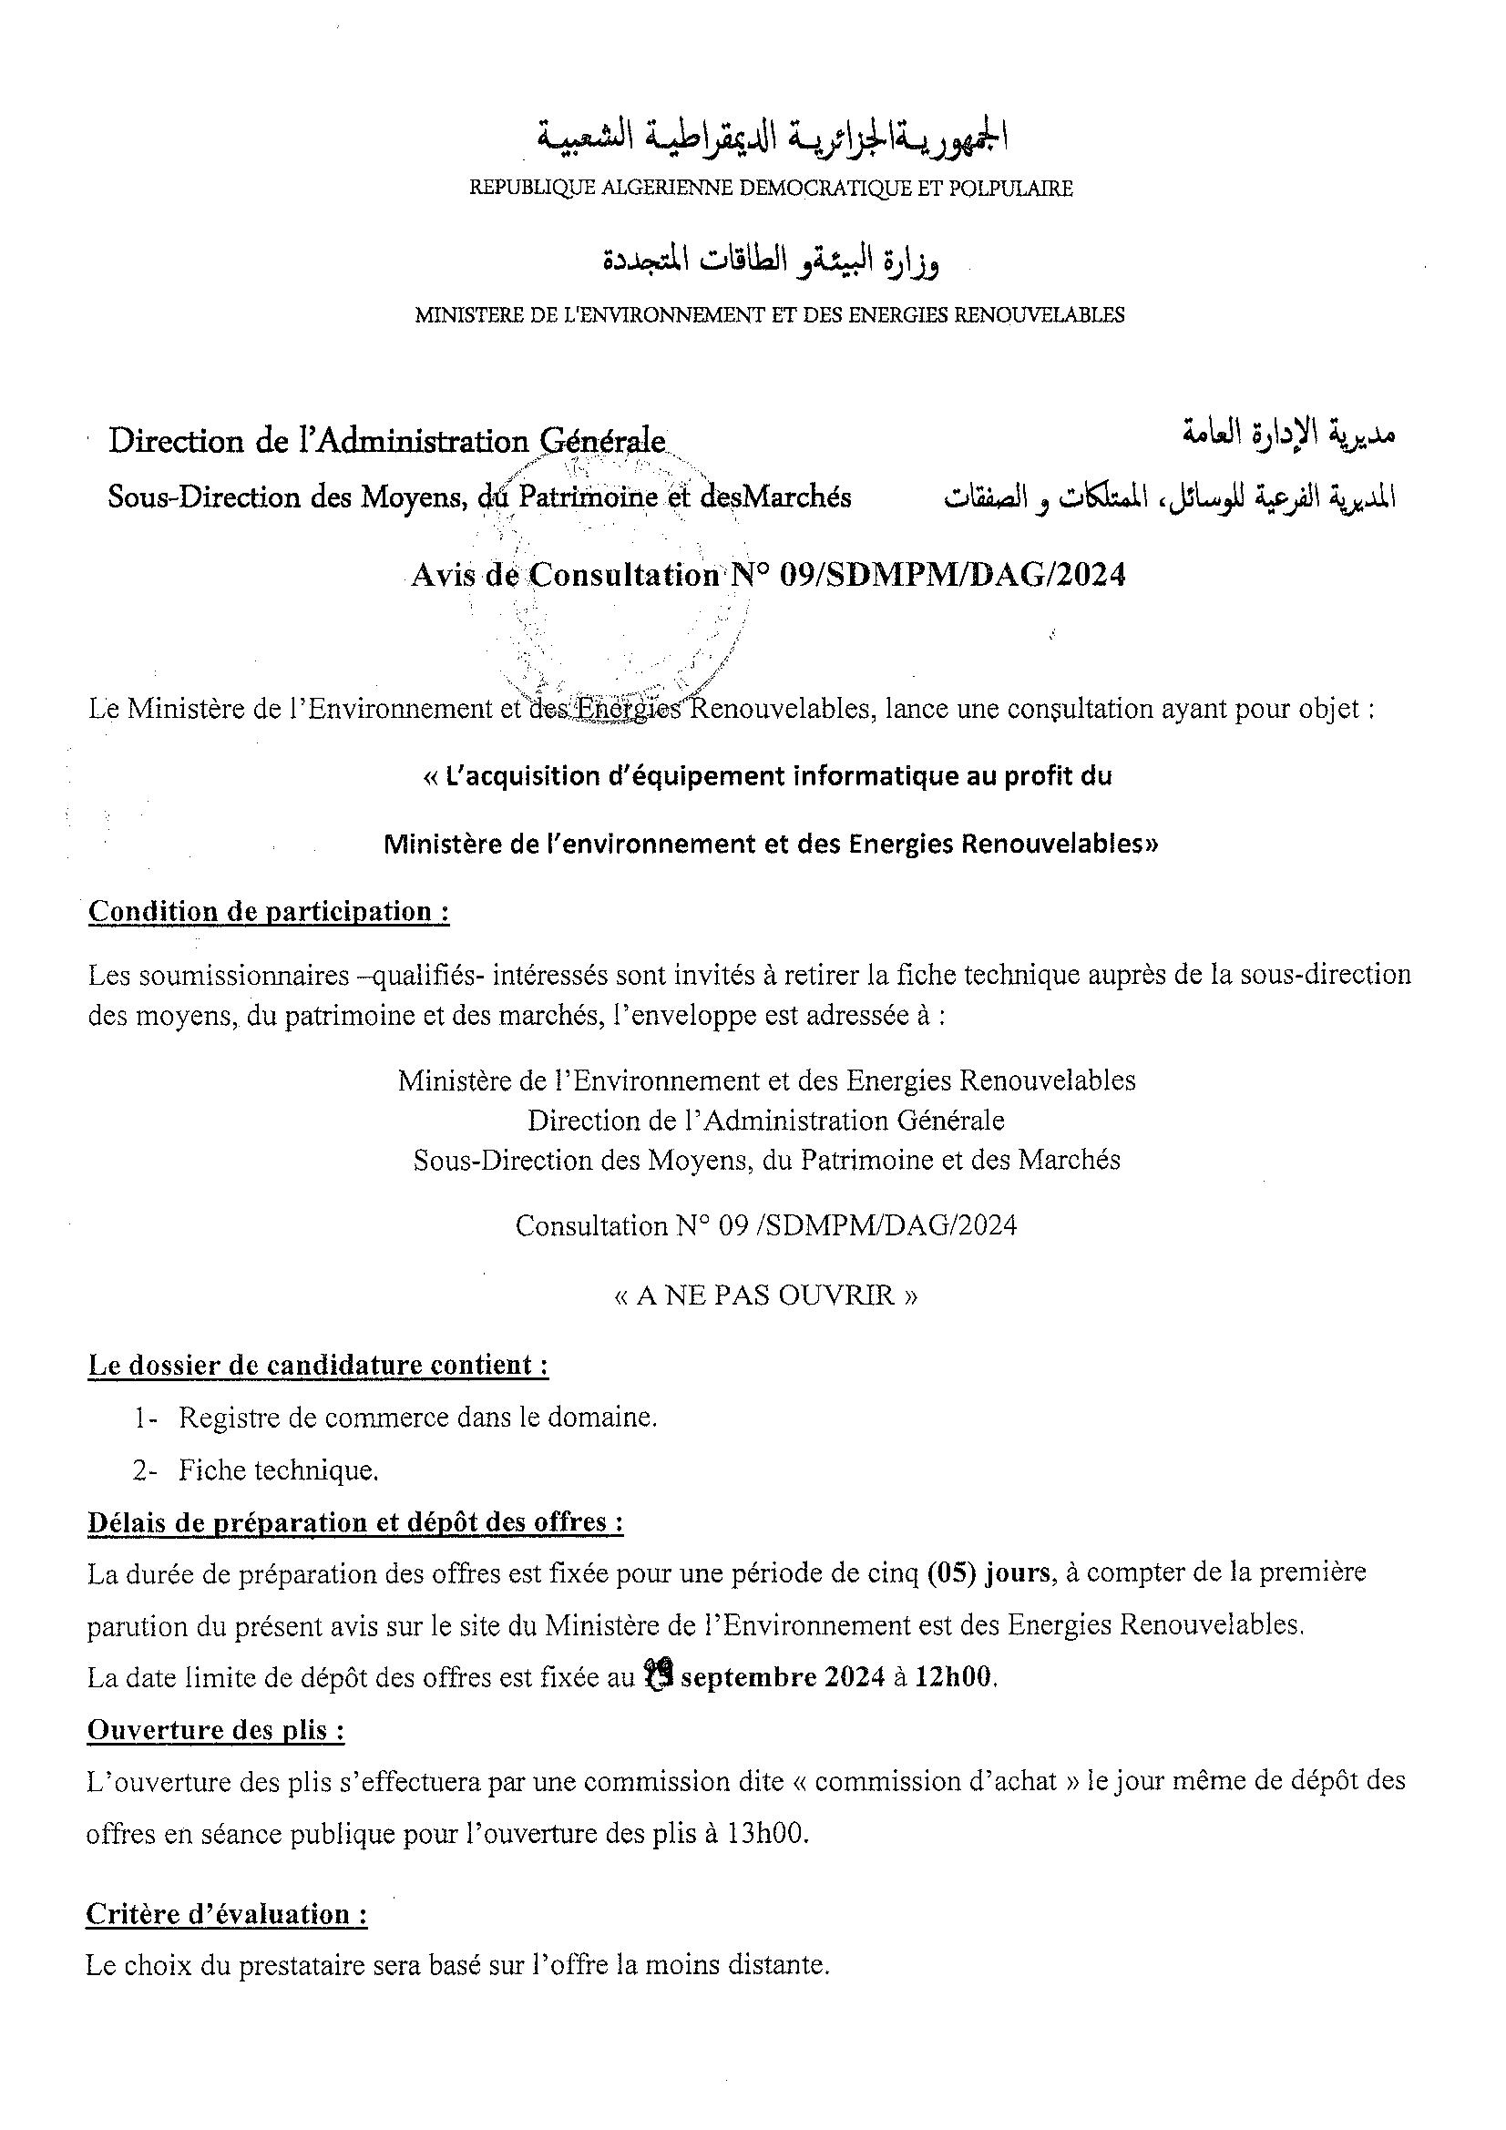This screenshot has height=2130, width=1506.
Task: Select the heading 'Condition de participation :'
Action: (x=269, y=912)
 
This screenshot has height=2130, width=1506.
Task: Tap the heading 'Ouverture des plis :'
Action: (x=215, y=1730)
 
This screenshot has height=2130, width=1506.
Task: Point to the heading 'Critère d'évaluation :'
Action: (x=227, y=1914)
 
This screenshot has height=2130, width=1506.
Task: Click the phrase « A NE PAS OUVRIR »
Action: (x=766, y=1295)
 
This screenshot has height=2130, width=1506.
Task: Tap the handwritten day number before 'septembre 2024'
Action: (x=658, y=1675)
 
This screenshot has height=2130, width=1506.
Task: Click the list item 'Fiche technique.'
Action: (x=278, y=1469)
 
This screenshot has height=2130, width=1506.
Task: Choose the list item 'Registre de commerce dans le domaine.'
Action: (x=417, y=1418)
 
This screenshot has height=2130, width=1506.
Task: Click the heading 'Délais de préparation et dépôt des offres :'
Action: (x=354, y=1522)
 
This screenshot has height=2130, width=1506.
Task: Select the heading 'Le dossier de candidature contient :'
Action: (x=317, y=1366)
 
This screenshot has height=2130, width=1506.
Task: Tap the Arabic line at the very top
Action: (x=772, y=139)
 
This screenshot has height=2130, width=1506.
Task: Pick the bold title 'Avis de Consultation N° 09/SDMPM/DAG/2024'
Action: (x=768, y=576)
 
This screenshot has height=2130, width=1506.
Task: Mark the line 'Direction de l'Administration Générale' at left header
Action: (x=387, y=442)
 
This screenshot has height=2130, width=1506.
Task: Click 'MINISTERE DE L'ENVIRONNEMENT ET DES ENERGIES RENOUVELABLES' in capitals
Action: (x=769, y=315)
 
